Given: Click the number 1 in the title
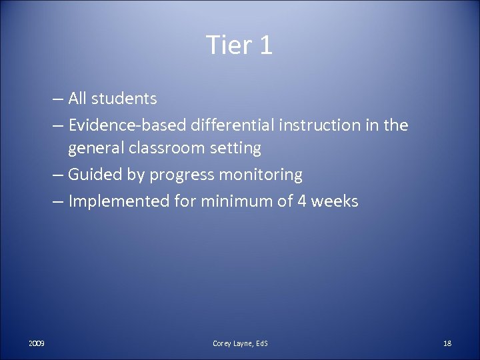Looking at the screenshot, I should tap(265, 45).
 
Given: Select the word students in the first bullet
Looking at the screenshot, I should tap(125, 99).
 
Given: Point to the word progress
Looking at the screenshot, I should tap(178, 175).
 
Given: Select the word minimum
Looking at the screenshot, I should tap(231, 201).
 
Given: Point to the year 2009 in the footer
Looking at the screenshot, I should tap(37, 343).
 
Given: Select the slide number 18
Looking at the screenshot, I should tap(447, 343).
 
